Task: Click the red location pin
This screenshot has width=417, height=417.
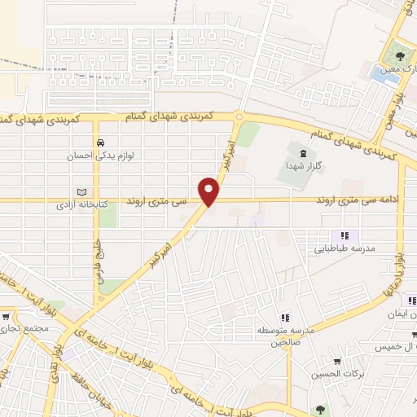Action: pos(210,191)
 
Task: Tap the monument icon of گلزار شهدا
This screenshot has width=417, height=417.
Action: pos(303,153)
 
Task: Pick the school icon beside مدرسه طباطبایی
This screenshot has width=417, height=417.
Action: pos(344,236)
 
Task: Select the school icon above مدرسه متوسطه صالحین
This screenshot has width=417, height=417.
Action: pos(284,318)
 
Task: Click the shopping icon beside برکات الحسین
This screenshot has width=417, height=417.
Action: pos(336,362)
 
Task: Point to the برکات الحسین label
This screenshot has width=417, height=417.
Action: pos(335,375)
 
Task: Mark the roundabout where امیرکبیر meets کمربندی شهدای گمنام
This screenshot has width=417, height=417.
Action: pos(239,117)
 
